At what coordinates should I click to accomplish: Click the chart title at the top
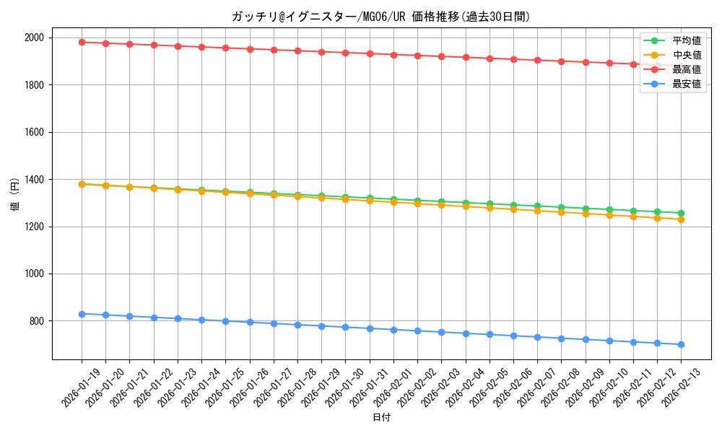380,16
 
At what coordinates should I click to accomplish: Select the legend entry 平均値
686,40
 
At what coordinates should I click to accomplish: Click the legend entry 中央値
686,55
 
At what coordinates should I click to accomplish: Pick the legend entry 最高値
686,69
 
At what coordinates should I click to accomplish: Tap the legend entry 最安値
686,84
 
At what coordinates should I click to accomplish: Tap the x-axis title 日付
380,418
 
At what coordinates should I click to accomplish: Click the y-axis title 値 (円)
15,196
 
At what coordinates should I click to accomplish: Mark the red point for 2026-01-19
82,42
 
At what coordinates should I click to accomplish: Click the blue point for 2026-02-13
681,344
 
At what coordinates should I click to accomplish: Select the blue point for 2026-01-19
82,314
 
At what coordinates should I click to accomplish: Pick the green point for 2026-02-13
681,213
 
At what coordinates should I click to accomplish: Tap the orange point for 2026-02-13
681,219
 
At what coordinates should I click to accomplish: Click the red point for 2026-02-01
393,55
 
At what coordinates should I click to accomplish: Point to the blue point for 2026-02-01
393,330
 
